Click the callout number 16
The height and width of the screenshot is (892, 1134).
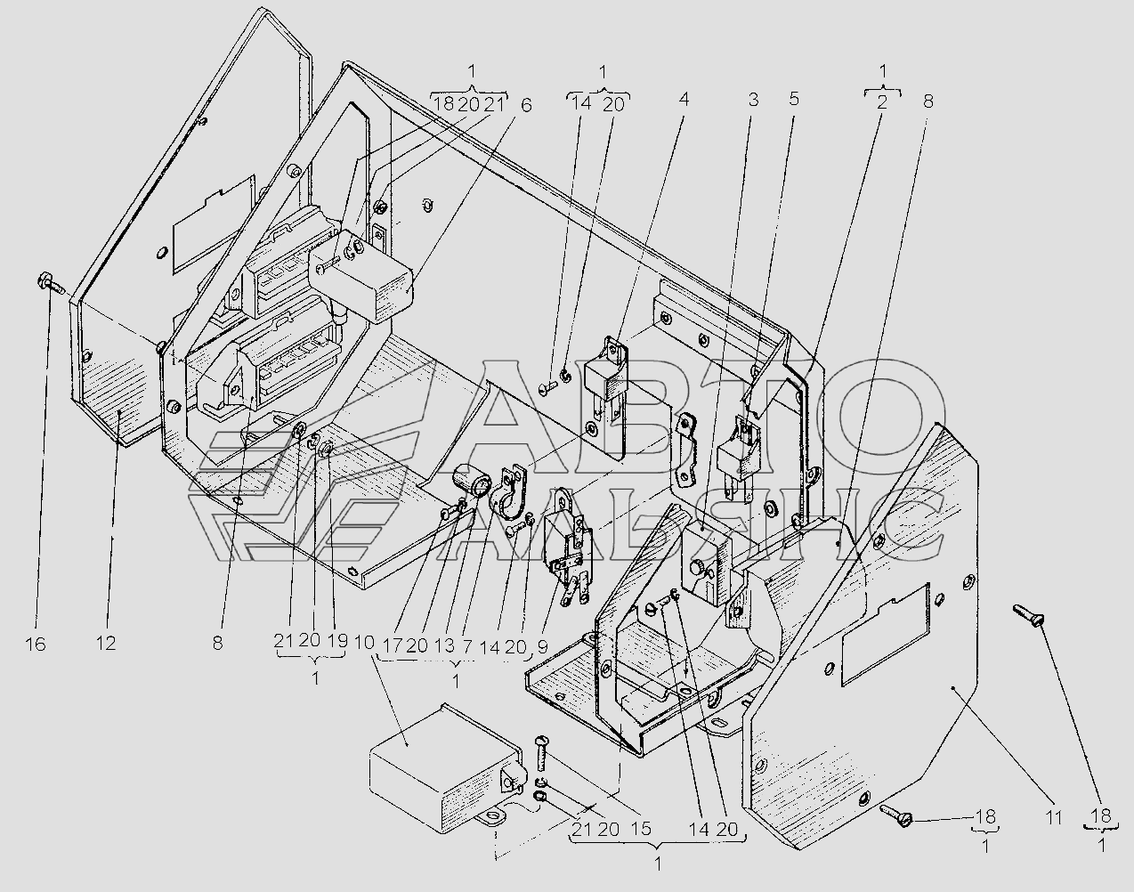coord(36,645)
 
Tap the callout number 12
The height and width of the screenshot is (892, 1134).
coord(107,643)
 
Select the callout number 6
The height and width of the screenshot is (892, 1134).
coord(525,105)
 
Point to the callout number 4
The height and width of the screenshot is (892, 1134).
coord(684,99)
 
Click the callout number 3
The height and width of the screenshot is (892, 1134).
coord(794,99)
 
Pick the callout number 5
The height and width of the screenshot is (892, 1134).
coord(794,99)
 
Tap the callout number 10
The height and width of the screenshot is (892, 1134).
coord(364,643)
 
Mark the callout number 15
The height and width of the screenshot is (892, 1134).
coord(641,830)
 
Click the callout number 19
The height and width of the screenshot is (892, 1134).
coord(337,641)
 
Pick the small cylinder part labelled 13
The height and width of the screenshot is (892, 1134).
coord(472,480)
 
